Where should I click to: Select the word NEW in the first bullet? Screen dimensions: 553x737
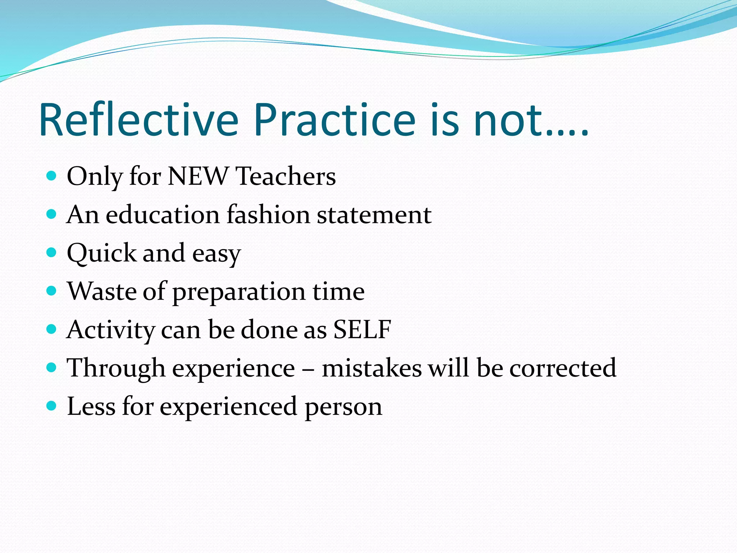pyautogui.click(x=198, y=176)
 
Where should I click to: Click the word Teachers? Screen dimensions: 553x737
pyautogui.click(x=286, y=176)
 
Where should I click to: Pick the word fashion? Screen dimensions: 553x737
pyautogui.click(x=268, y=215)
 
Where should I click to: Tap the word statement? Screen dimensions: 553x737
pyautogui.click(x=374, y=215)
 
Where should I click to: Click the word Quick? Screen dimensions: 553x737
pyautogui.click(x=101, y=253)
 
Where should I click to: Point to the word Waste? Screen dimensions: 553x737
pyautogui.click(x=102, y=291)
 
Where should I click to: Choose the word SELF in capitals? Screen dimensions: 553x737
pyautogui.click(x=362, y=329)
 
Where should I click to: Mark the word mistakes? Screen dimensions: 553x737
pyautogui.click(x=371, y=368)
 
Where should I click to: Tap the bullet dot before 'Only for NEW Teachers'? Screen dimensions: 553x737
pyautogui.click(x=52, y=176)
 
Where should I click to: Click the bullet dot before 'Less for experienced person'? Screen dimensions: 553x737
pyautogui.click(x=52, y=406)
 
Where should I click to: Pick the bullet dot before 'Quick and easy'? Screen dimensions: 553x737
pyautogui.click(x=52, y=252)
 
